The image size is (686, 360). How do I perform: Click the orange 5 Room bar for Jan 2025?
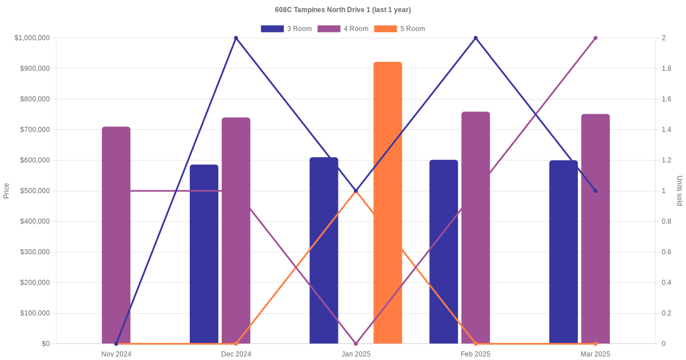click(388, 202)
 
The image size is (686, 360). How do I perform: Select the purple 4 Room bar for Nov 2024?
click(116, 235)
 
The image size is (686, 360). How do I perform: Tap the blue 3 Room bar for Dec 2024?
click(204, 254)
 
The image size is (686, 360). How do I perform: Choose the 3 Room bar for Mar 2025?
click(564, 251)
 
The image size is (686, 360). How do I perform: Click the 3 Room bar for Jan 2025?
click(324, 250)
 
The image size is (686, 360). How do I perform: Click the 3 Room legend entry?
click(286, 29)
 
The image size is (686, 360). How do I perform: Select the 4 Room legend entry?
click(342, 29)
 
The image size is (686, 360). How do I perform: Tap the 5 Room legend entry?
click(399, 29)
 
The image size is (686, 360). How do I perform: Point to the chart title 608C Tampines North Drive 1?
click(343, 10)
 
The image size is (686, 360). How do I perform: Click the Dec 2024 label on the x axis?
click(236, 354)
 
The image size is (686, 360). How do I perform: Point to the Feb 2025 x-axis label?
click(476, 354)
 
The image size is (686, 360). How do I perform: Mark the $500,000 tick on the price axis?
click(34, 191)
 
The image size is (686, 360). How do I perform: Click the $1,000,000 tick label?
click(32, 38)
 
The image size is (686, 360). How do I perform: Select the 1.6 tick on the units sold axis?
click(667, 99)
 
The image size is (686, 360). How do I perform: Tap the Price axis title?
click(6, 191)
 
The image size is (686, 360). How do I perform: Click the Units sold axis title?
click(680, 191)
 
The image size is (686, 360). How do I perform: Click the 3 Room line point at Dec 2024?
click(236, 38)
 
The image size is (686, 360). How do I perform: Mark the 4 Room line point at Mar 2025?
click(595, 38)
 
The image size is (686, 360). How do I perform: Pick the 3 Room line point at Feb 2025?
click(476, 38)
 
